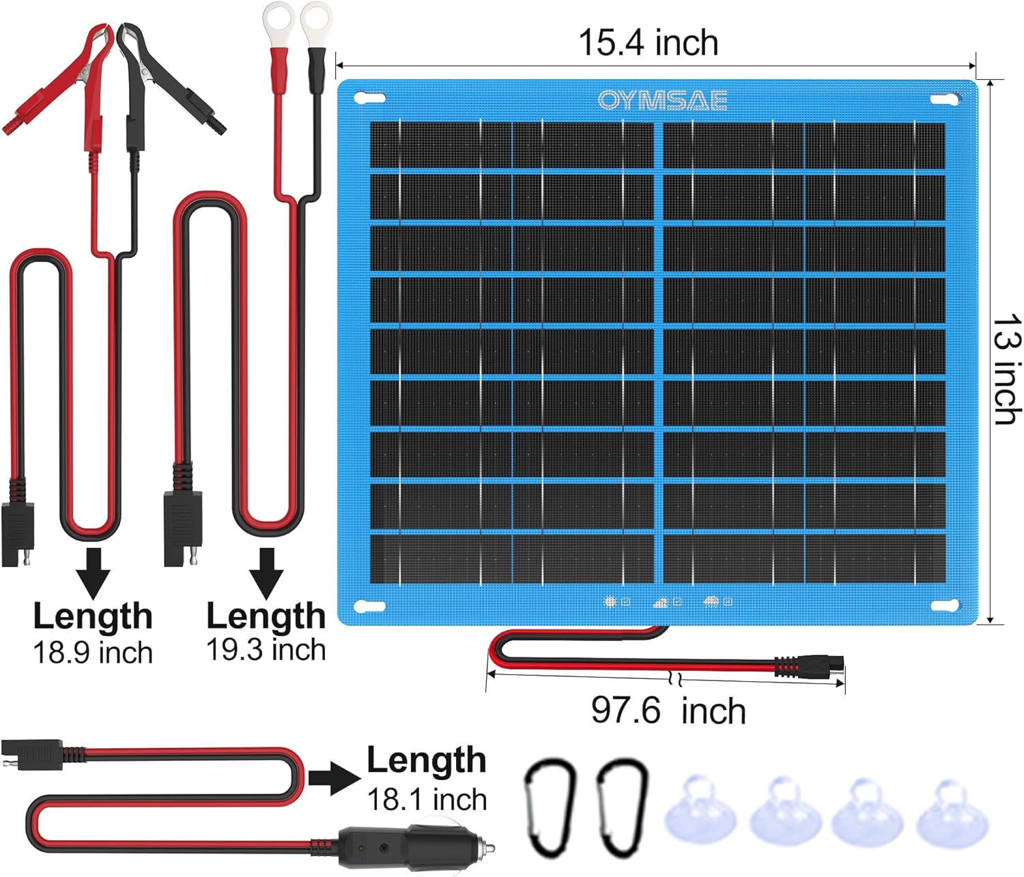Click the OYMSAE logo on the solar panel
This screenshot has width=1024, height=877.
(662, 100)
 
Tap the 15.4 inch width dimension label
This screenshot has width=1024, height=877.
(649, 42)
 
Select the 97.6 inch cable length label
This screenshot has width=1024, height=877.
(668, 710)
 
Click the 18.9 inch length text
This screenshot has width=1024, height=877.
(93, 652)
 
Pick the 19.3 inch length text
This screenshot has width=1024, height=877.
(266, 649)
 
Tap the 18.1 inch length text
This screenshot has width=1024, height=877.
(427, 799)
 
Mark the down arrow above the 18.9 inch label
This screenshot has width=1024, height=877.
(93, 573)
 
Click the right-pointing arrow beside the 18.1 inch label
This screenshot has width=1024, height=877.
(335, 778)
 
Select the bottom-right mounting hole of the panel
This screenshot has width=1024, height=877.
(944, 605)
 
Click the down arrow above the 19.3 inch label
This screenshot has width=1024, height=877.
(266, 573)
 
